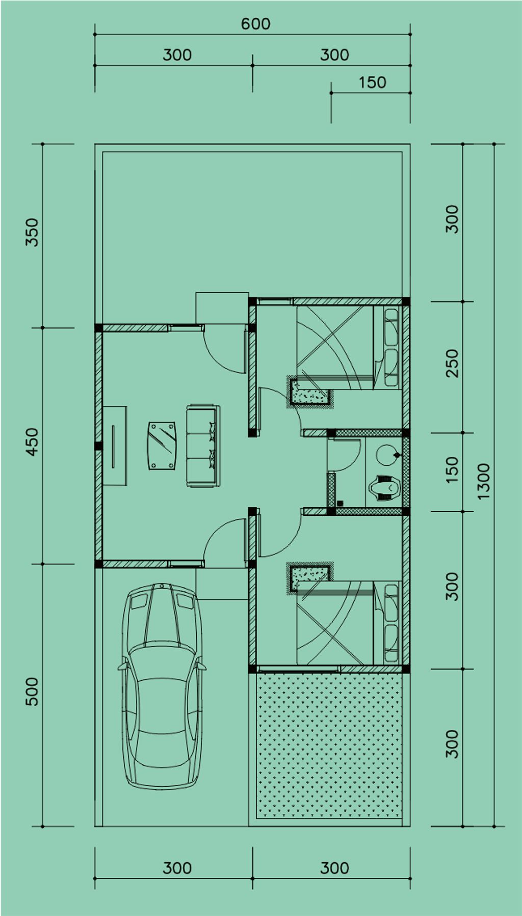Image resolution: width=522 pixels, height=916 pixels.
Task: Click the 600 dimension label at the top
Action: (x=255, y=24)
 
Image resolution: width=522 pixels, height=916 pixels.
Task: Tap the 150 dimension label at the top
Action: (x=372, y=82)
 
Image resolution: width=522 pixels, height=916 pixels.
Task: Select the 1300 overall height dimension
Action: (x=483, y=481)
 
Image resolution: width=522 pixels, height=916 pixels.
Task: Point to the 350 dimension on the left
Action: (x=32, y=232)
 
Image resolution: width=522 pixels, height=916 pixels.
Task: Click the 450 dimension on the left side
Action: (x=32, y=441)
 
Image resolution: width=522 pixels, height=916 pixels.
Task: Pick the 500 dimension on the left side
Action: (x=32, y=691)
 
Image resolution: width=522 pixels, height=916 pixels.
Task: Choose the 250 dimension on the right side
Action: (x=452, y=363)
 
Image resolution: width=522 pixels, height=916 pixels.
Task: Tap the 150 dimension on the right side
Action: (x=452, y=470)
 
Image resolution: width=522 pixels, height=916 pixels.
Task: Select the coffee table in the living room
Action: (x=162, y=445)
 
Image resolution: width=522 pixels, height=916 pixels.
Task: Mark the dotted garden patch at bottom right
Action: (x=329, y=745)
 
